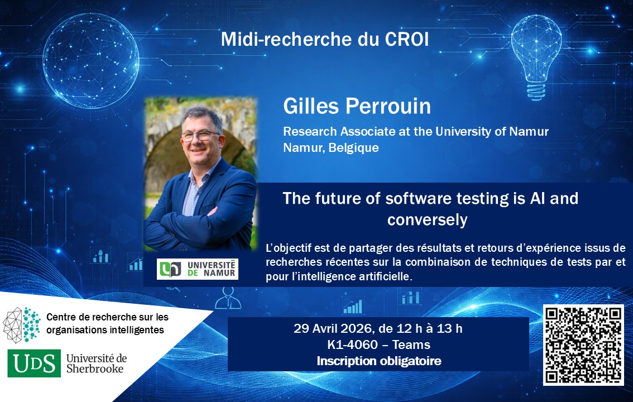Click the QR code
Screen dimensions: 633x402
[x=583, y=344]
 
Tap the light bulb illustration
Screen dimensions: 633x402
[x=536, y=57]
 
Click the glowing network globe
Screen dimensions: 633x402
[x=91, y=60]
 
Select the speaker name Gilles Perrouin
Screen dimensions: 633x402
[x=357, y=106]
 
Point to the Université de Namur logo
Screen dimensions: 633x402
[x=198, y=269]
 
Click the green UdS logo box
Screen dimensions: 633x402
[x=34, y=363]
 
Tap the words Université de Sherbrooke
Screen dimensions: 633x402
[x=97, y=363]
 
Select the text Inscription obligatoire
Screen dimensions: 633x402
[x=378, y=361]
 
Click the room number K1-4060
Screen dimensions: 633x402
[x=352, y=344]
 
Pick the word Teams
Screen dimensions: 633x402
[x=411, y=344]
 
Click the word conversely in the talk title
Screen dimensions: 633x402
[x=427, y=220]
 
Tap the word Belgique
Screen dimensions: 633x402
[x=354, y=148]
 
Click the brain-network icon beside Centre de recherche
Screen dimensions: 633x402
[x=22, y=324]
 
